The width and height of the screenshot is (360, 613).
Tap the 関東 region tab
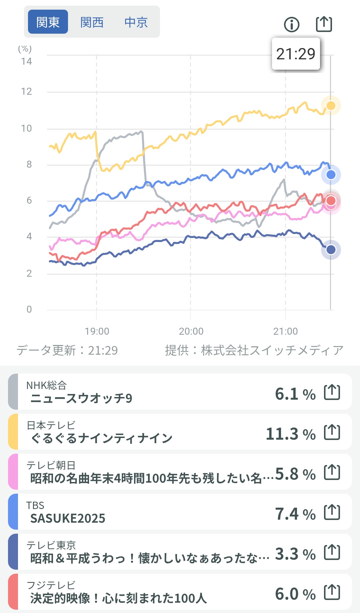pyautogui.click(x=48, y=22)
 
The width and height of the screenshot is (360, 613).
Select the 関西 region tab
pyautogui.click(x=92, y=22)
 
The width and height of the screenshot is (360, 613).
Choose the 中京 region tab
pyautogui.click(x=136, y=22)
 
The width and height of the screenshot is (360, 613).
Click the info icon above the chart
pyautogui.click(x=292, y=24)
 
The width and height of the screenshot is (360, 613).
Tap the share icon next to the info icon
pyautogui.click(x=324, y=24)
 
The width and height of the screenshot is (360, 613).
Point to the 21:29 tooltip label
pyautogui.click(x=296, y=54)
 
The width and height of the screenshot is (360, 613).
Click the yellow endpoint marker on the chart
pyautogui.click(x=331, y=106)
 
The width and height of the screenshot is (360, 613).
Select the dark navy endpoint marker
pyautogui.click(x=331, y=250)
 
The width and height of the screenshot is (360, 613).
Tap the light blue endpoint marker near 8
pyautogui.click(x=331, y=175)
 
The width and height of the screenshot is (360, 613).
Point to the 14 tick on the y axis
pyautogui.click(x=26, y=61)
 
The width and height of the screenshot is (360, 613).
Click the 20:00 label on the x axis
pyautogui.click(x=191, y=331)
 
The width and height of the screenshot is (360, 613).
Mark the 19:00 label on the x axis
pyautogui.click(x=97, y=331)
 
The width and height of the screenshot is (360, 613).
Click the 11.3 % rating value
pyautogui.click(x=290, y=434)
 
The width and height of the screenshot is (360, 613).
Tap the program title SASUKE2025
pyautogui.click(x=68, y=518)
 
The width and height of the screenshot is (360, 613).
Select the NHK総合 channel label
pyautogui.click(x=47, y=385)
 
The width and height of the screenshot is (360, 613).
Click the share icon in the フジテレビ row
pyautogui.click(x=332, y=592)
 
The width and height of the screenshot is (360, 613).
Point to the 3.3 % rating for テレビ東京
pyautogui.click(x=295, y=554)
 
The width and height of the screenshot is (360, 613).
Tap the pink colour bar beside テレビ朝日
pyautogui.click(x=13, y=472)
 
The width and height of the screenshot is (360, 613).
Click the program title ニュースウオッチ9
pyautogui.click(x=81, y=398)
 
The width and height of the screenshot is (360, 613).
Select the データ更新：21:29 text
pyautogui.click(x=67, y=350)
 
